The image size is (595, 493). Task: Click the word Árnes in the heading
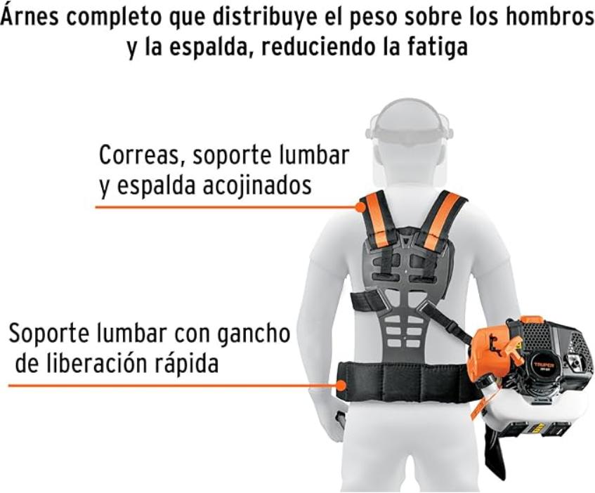tap(30, 17)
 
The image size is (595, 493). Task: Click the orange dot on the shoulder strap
tap(360, 207)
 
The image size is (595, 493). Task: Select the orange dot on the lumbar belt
tap(341, 386)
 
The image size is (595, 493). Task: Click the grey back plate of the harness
tap(403, 288)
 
